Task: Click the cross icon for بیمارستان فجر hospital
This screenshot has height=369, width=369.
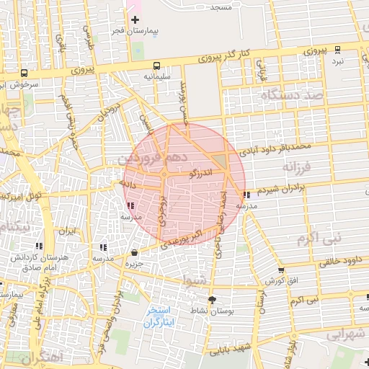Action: (135, 19)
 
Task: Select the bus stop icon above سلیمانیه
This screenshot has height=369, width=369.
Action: (157, 63)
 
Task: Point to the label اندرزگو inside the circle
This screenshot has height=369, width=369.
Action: (200, 173)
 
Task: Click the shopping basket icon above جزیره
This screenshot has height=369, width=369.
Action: (135, 252)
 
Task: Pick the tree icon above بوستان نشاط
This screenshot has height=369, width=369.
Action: (211, 300)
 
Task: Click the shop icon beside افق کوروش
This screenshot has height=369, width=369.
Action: (280, 270)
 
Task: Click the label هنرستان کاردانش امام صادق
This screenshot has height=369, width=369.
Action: (30, 262)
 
